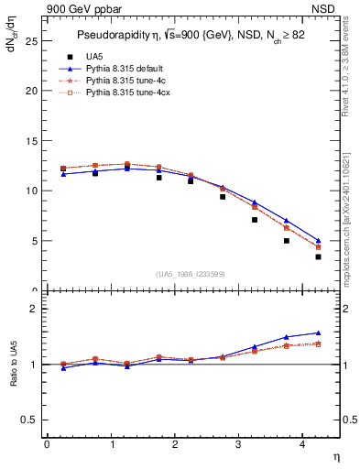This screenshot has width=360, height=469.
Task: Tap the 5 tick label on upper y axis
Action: point(35,241)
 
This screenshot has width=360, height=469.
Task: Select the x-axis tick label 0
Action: point(47,444)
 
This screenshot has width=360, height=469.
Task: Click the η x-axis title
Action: point(335,455)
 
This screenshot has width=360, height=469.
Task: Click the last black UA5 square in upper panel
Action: point(318,256)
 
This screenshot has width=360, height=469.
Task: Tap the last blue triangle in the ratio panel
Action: point(318,333)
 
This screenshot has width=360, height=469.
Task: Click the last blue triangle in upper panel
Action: point(318,241)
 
